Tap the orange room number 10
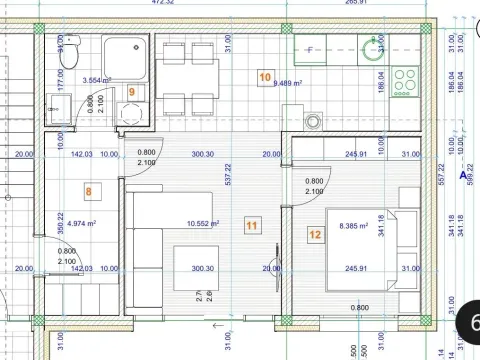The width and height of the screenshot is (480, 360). (265, 75)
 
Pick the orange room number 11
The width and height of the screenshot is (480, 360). (251, 227)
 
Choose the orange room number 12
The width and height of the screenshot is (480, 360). (315, 236)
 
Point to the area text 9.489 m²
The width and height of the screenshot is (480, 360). (290, 85)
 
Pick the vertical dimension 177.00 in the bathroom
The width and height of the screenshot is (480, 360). (62, 80)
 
